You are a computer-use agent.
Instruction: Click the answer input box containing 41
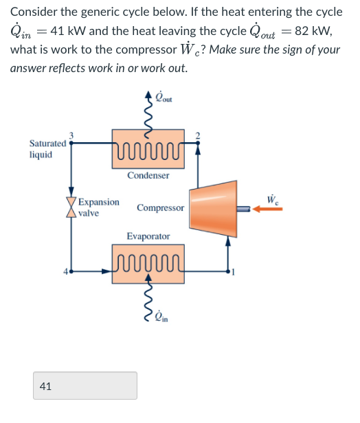[x=85, y=386]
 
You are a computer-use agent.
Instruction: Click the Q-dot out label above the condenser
[x=165, y=98]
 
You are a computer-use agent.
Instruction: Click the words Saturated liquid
[x=47, y=149]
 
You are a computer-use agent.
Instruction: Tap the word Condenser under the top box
[x=148, y=175]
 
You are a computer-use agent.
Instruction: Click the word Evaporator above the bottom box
[x=148, y=236]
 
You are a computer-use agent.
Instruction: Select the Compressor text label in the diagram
[x=161, y=207]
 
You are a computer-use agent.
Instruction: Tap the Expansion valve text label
[x=98, y=207]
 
